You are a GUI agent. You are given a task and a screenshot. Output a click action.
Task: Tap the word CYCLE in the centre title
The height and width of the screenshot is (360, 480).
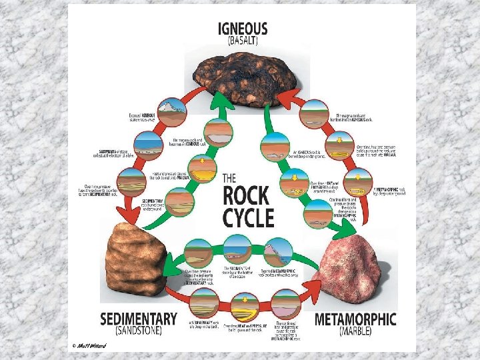point(247,218)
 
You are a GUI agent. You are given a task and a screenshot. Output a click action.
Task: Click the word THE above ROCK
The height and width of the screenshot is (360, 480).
point(229,178)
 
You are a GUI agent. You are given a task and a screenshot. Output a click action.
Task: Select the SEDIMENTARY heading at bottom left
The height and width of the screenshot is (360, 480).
point(139,319)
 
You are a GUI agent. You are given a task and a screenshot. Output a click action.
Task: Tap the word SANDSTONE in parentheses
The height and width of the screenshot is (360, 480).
point(139,331)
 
